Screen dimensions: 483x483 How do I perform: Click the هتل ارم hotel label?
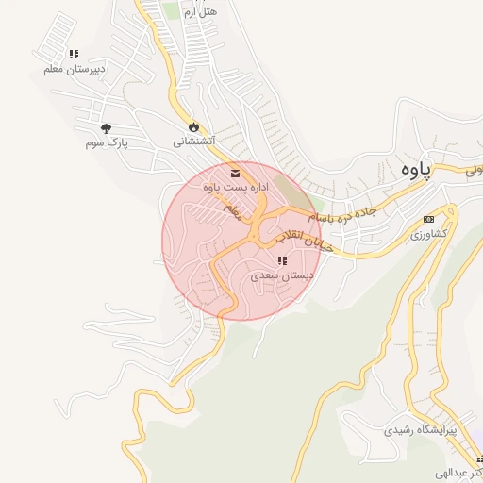(200, 11)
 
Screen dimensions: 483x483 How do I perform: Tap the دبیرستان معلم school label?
(75, 69)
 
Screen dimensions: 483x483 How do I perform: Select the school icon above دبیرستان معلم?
(75, 54)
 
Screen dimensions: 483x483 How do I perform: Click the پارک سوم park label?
(106, 142)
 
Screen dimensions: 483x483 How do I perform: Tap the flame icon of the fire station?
(193, 126)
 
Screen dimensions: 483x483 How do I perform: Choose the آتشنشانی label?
(194, 142)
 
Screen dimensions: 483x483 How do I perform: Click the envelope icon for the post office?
(234, 174)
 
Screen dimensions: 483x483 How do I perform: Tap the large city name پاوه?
(413, 169)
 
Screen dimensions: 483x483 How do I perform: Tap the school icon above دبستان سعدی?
(281, 260)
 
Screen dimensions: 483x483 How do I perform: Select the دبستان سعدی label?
(281, 275)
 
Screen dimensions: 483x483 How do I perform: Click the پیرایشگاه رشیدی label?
(420, 429)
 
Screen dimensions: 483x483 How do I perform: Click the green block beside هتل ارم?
(170, 9)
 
